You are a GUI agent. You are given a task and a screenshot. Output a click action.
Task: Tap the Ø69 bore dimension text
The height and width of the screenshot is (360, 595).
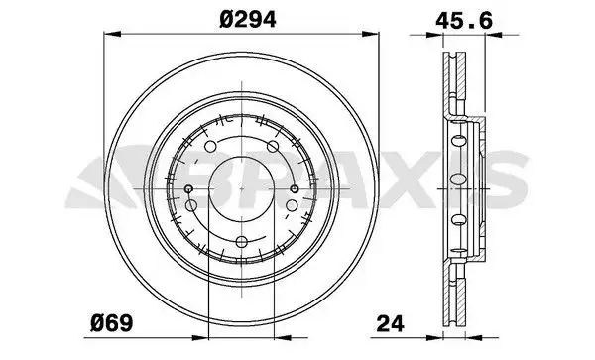coord(111,322)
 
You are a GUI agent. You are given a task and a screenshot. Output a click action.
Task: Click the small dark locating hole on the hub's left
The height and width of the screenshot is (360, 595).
coord(189,188)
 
